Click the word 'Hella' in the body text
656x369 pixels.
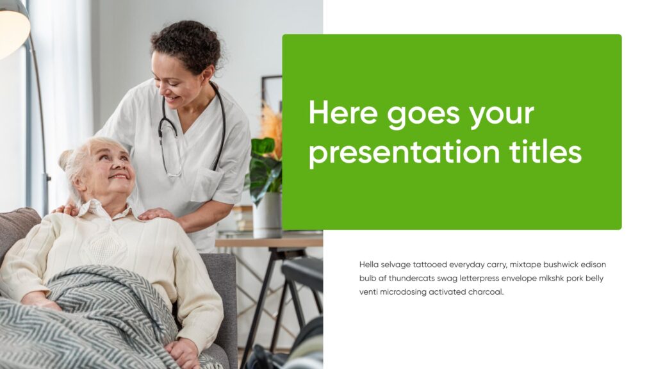tap(369, 264)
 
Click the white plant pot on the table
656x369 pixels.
tap(267, 215)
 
